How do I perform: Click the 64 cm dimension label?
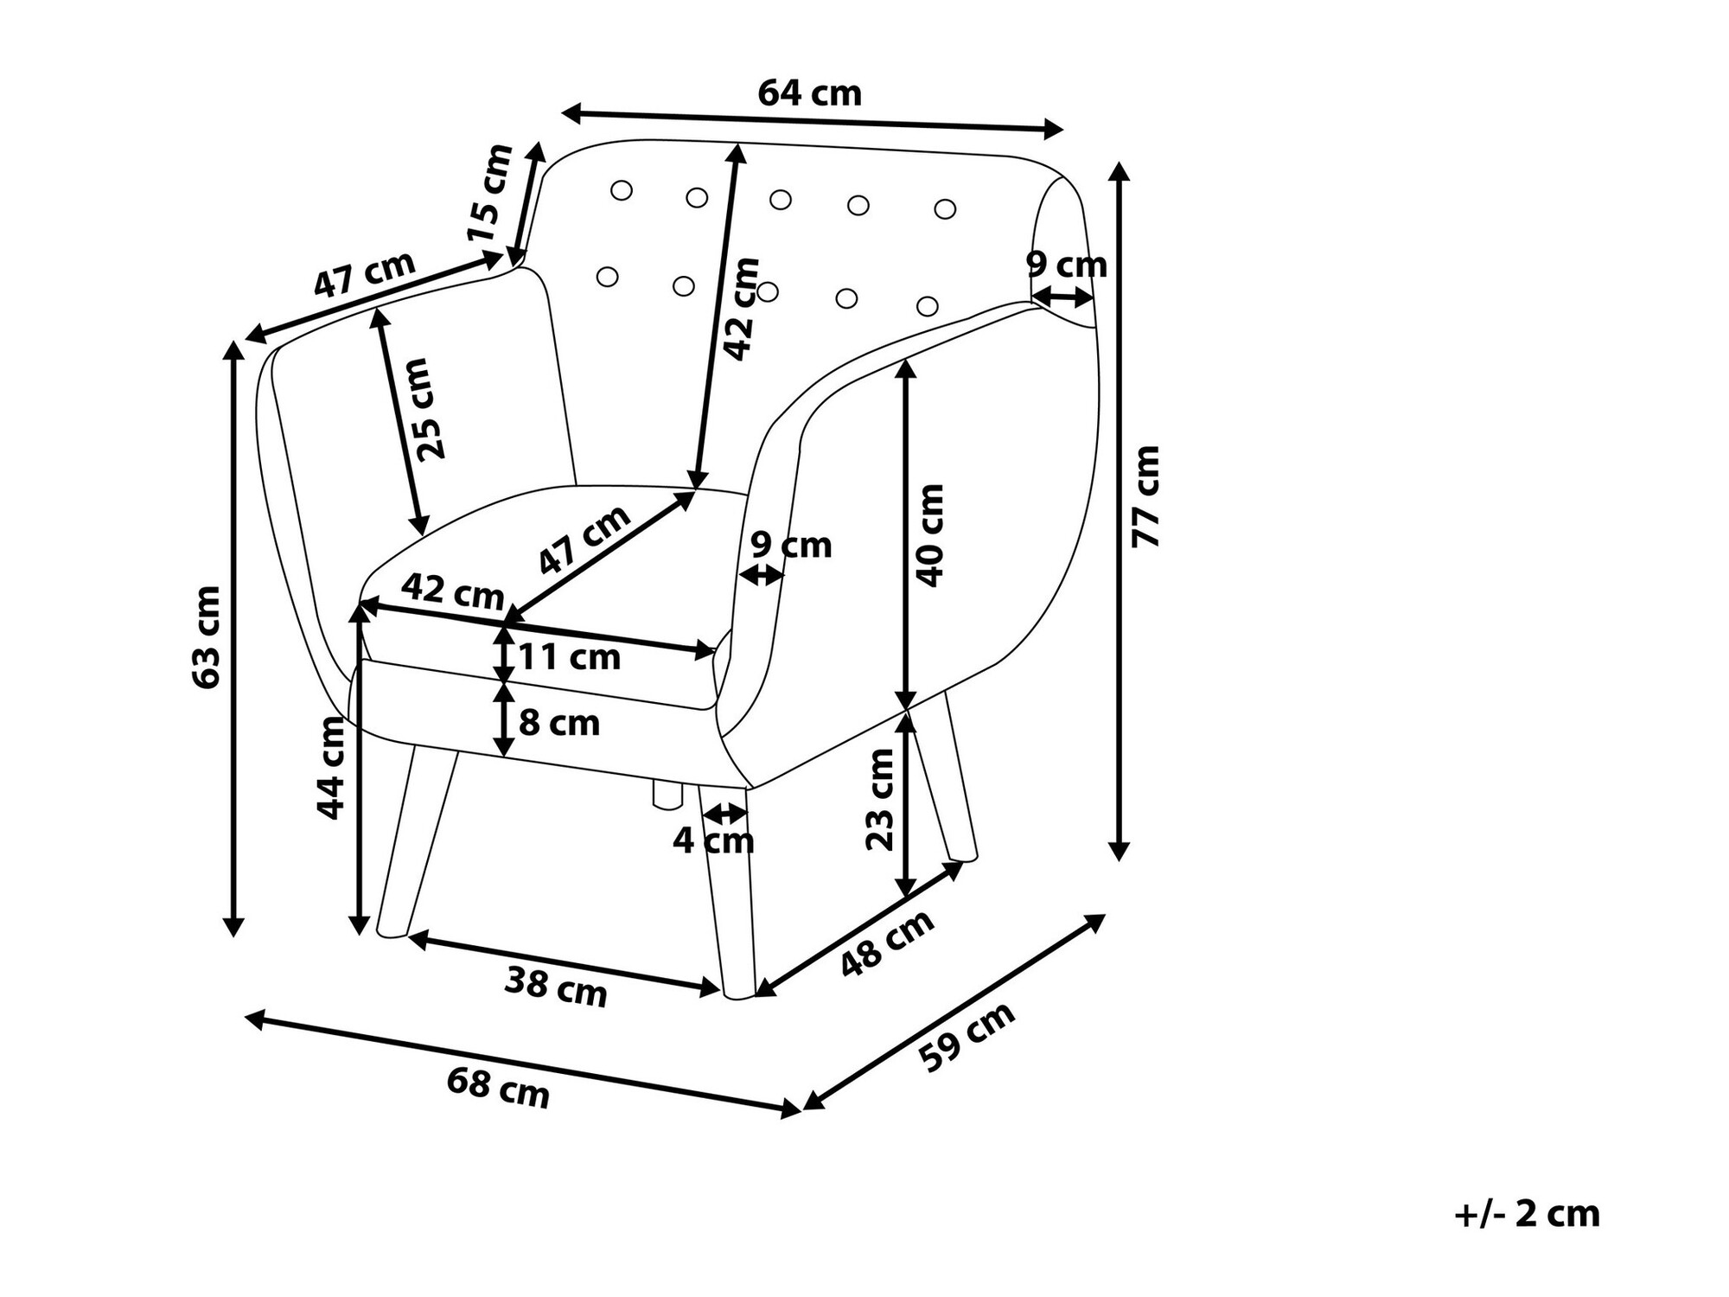[x=809, y=93]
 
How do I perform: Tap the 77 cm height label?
[x=1146, y=496]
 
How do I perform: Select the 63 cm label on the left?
[x=207, y=637]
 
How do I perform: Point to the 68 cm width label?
[x=498, y=1088]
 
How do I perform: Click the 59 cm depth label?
[x=967, y=1037]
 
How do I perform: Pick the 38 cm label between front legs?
[x=556, y=986]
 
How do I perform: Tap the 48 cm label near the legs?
[x=887, y=943]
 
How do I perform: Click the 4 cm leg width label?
[x=713, y=840]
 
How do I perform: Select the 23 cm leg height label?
[x=880, y=800]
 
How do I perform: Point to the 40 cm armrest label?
[x=931, y=535]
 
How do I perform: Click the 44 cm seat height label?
[x=331, y=768]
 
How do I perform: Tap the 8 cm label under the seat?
[x=558, y=723]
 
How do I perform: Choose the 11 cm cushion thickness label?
[x=569, y=658]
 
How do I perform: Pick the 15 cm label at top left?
[x=489, y=194]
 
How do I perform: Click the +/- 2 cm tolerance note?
[x=1527, y=1215]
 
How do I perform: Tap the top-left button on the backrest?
[x=622, y=190]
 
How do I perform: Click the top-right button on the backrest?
[x=945, y=208]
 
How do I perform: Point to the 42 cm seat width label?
[x=452, y=592]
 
